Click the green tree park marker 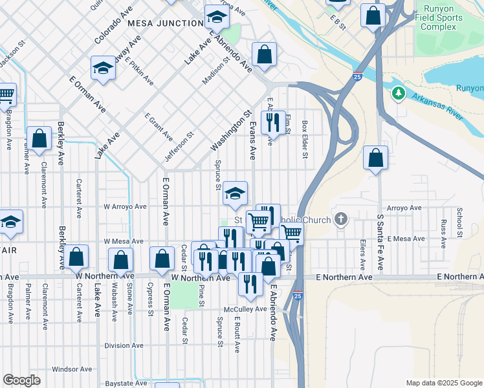tap(398, 94)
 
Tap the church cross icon tap(340, 220)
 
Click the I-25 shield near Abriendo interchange tap(357, 76)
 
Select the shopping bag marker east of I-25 tap(375, 157)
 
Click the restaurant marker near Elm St tap(273, 122)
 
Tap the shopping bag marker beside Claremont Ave tap(39, 138)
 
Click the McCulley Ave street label tap(246, 309)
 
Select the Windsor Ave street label tap(69, 369)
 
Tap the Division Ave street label tap(124, 345)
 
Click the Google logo tap(21, 380)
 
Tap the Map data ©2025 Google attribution tap(443, 383)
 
